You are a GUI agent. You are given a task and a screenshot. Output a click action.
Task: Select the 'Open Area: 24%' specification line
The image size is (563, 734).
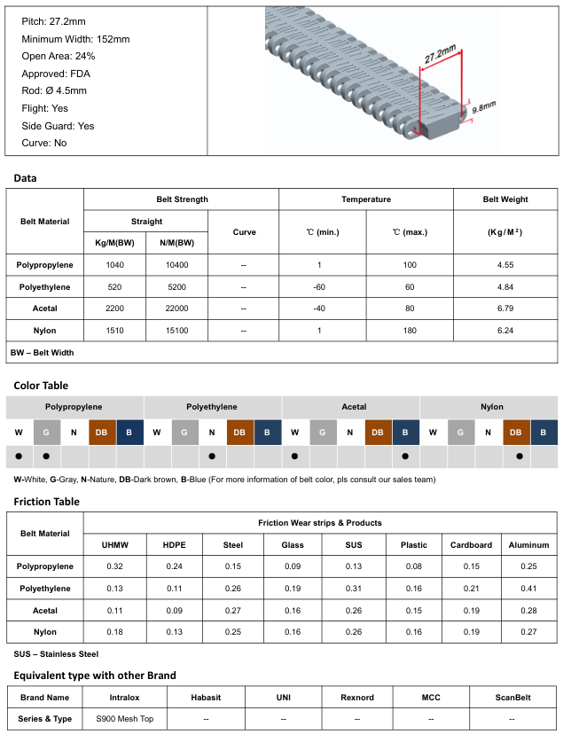pos(59,57)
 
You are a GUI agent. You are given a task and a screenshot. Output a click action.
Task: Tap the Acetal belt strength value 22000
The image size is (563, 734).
pos(177,308)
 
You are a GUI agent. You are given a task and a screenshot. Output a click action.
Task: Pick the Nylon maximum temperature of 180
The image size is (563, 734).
pos(409,330)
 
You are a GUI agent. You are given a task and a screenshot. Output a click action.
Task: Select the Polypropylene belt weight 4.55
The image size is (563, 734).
pos(505,265)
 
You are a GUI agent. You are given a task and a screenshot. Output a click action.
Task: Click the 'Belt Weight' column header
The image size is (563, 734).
pos(505,199)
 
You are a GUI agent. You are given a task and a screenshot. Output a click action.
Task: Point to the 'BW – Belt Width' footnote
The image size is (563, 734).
pos(43,352)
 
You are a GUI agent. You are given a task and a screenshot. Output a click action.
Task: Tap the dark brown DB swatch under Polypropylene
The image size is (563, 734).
pos(102,432)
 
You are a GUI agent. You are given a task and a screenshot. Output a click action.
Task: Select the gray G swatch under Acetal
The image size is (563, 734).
pos(323,432)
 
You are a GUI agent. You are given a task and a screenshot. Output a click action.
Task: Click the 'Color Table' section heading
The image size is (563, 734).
pos(41,386)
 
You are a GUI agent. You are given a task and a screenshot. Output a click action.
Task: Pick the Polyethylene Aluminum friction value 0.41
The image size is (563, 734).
pos(528,588)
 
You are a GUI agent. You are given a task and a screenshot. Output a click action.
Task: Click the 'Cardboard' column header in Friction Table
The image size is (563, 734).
pos(471,545)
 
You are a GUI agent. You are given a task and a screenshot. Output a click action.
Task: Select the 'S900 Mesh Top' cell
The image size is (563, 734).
pos(124,719)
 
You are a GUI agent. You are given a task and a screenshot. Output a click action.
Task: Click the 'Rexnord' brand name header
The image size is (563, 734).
pos(357,698)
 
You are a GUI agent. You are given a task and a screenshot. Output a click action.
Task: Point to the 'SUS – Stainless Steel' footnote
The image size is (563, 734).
pos(56,654)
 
